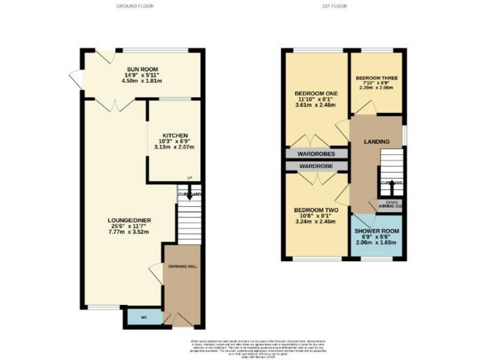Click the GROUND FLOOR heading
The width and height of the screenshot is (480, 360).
coord(135,6)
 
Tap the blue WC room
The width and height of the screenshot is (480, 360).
coord(143,318)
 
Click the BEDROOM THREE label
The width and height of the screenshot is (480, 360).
coord(377,78)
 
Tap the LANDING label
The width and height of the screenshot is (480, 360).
coord(377,142)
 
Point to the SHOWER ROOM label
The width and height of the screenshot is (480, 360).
coord(377,231)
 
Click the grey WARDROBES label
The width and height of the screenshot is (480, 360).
coord(316,154)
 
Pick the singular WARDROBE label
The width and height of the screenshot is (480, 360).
coord(316,166)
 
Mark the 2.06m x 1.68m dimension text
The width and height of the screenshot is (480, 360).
coord(377,242)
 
